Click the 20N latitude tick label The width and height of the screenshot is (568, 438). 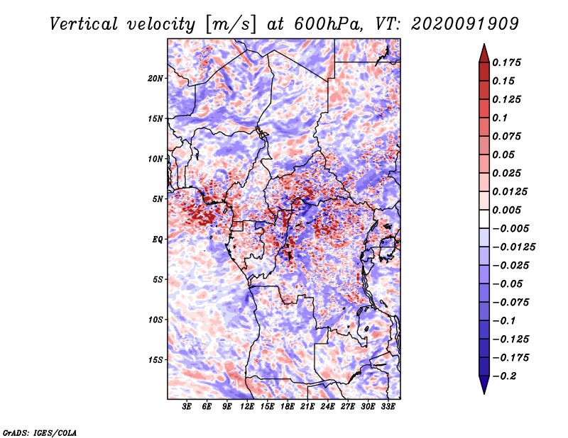(155, 79)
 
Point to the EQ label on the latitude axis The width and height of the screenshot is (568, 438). (158, 240)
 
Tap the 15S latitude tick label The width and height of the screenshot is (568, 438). (155, 360)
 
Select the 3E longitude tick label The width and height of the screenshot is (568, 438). (187, 407)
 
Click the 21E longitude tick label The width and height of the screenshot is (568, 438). (307, 407)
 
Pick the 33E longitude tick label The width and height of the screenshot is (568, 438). (388, 407)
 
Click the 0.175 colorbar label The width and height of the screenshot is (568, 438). (506, 63)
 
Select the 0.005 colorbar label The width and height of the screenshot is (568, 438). (506, 210)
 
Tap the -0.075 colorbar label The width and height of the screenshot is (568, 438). (510, 303)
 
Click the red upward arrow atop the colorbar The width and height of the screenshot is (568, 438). (484, 53)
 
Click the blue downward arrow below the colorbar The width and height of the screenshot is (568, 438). (484, 385)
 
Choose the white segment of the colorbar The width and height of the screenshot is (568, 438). (484, 219)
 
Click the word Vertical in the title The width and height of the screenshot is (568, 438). (83, 24)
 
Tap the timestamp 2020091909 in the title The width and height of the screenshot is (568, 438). (465, 24)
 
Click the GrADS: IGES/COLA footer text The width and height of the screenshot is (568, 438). (40, 433)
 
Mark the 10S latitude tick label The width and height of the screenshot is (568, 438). (155, 320)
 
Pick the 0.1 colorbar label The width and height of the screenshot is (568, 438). (500, 118)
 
